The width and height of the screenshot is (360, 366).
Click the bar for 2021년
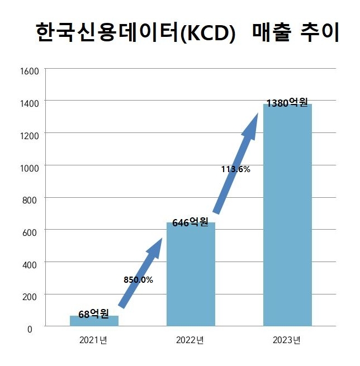point(94,321)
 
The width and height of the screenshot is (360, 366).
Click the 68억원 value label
point(93,314)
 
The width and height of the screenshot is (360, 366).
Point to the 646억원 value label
point(190,222)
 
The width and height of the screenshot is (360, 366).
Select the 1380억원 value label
point(287,103)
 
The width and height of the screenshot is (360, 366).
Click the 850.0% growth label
point(138,279)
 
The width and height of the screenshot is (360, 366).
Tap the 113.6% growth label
point(235,169)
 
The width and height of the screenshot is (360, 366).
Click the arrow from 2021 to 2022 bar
point(141,272)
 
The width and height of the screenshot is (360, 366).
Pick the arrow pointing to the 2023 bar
point(237,162)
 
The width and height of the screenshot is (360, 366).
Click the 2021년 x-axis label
point(93,340)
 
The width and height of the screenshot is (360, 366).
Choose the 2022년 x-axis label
point(190,340)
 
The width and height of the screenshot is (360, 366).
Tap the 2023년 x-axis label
point(287,340)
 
